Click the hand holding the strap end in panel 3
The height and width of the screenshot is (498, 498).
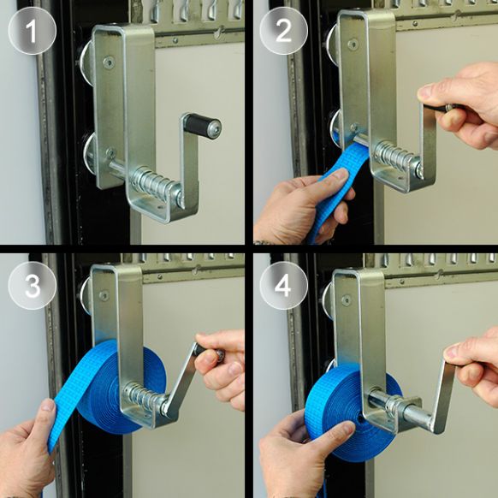[x=30, y=449]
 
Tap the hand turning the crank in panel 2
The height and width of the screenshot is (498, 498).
[x=463, y=103]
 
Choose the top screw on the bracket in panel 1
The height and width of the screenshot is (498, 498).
[x=108, y=62]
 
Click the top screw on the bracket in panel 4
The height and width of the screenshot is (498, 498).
[x=346, y=299]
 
